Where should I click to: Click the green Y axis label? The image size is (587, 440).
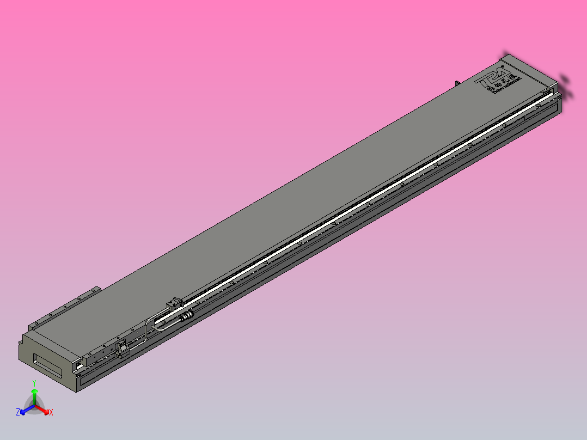[34, 383]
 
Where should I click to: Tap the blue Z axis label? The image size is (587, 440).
[18, 413]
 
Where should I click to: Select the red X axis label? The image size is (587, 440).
[51, 413]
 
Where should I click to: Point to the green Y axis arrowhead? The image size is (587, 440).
[34, 391]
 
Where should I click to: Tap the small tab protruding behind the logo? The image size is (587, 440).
[457, 83]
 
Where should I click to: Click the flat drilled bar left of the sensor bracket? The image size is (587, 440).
[98, 353]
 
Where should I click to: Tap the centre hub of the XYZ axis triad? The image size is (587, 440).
[34, 406]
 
